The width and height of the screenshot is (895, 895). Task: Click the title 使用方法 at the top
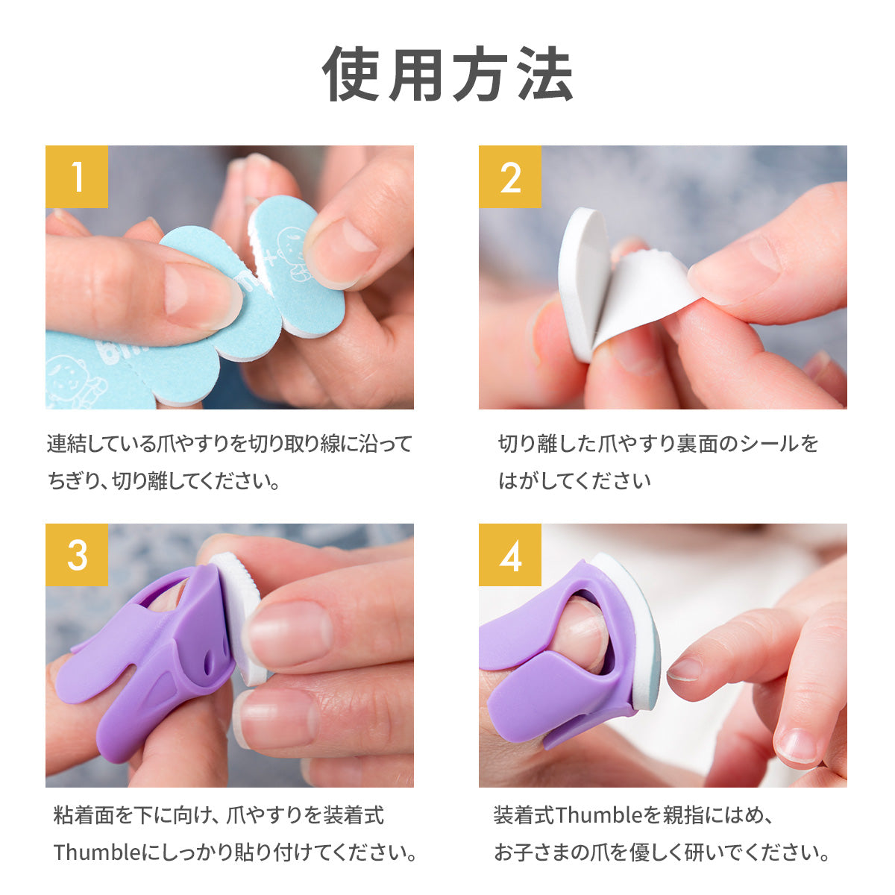point(447,75)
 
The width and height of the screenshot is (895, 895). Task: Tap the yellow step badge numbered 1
point(77,177)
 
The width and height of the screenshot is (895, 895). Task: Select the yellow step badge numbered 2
point(510,177)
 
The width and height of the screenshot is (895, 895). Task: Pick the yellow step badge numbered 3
point(77,555)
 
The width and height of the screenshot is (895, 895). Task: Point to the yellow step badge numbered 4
point(510,555)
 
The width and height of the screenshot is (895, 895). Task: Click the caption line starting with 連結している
point(230,444)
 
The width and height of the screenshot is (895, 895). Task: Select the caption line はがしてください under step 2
point(574,481)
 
